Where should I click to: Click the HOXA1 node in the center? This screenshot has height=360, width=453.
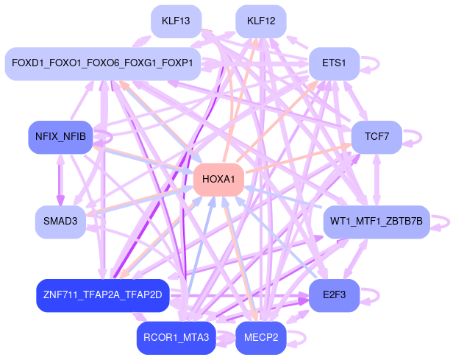click(218, 180)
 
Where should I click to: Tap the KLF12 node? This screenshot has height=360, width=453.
click(261, 21)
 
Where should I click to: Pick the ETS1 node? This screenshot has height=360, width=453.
click(334, 63)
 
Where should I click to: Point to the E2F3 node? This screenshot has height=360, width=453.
click(334, 295)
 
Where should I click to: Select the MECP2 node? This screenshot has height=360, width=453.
click(261, 338)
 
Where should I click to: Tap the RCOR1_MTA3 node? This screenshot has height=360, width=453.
click(176, 338)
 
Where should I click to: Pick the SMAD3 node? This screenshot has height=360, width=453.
click(60, 222)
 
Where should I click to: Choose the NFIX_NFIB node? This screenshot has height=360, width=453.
click(60, 137)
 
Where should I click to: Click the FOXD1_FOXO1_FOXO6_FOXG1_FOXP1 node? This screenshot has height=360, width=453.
click(103, 63)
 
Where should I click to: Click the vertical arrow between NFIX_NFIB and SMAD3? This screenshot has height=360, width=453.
click(60, 180)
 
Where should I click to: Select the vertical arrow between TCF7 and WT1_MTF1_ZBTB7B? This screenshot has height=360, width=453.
click(376, 180)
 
